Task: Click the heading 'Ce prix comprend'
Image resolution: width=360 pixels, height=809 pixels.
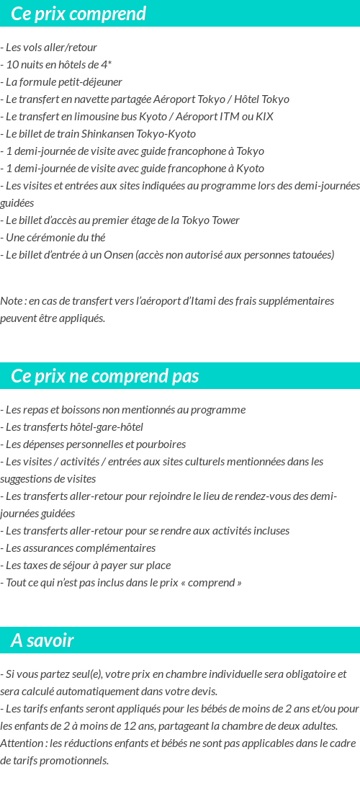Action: (78, 14)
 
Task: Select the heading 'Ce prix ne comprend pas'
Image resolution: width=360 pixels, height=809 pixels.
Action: (104, 376)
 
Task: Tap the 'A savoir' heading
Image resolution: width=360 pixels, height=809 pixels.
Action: (42, 640)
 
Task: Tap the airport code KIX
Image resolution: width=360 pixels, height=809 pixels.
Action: (264, 117)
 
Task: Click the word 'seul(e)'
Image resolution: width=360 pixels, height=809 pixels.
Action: (85, 674)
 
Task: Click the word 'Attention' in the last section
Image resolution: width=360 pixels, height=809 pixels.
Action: (22, 743)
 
